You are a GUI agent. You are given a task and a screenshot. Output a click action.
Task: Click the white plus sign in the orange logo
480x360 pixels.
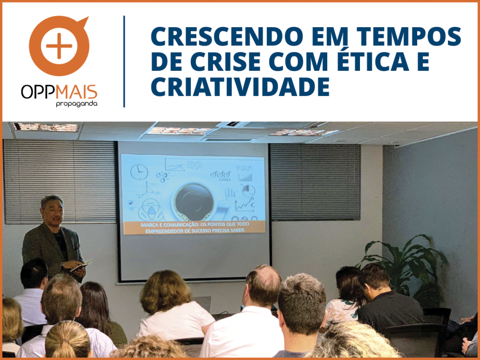coord(59,46)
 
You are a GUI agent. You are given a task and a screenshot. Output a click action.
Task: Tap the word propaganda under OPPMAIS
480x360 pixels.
coord(76,104)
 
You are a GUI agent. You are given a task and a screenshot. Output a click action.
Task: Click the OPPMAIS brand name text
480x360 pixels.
coord(59,92)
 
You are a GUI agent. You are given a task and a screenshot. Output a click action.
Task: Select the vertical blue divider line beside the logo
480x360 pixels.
coord(124,61)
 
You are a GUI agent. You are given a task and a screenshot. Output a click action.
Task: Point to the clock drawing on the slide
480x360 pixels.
coord(139,172)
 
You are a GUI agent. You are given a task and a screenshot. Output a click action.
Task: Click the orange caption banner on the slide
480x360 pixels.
coord(194,227)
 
